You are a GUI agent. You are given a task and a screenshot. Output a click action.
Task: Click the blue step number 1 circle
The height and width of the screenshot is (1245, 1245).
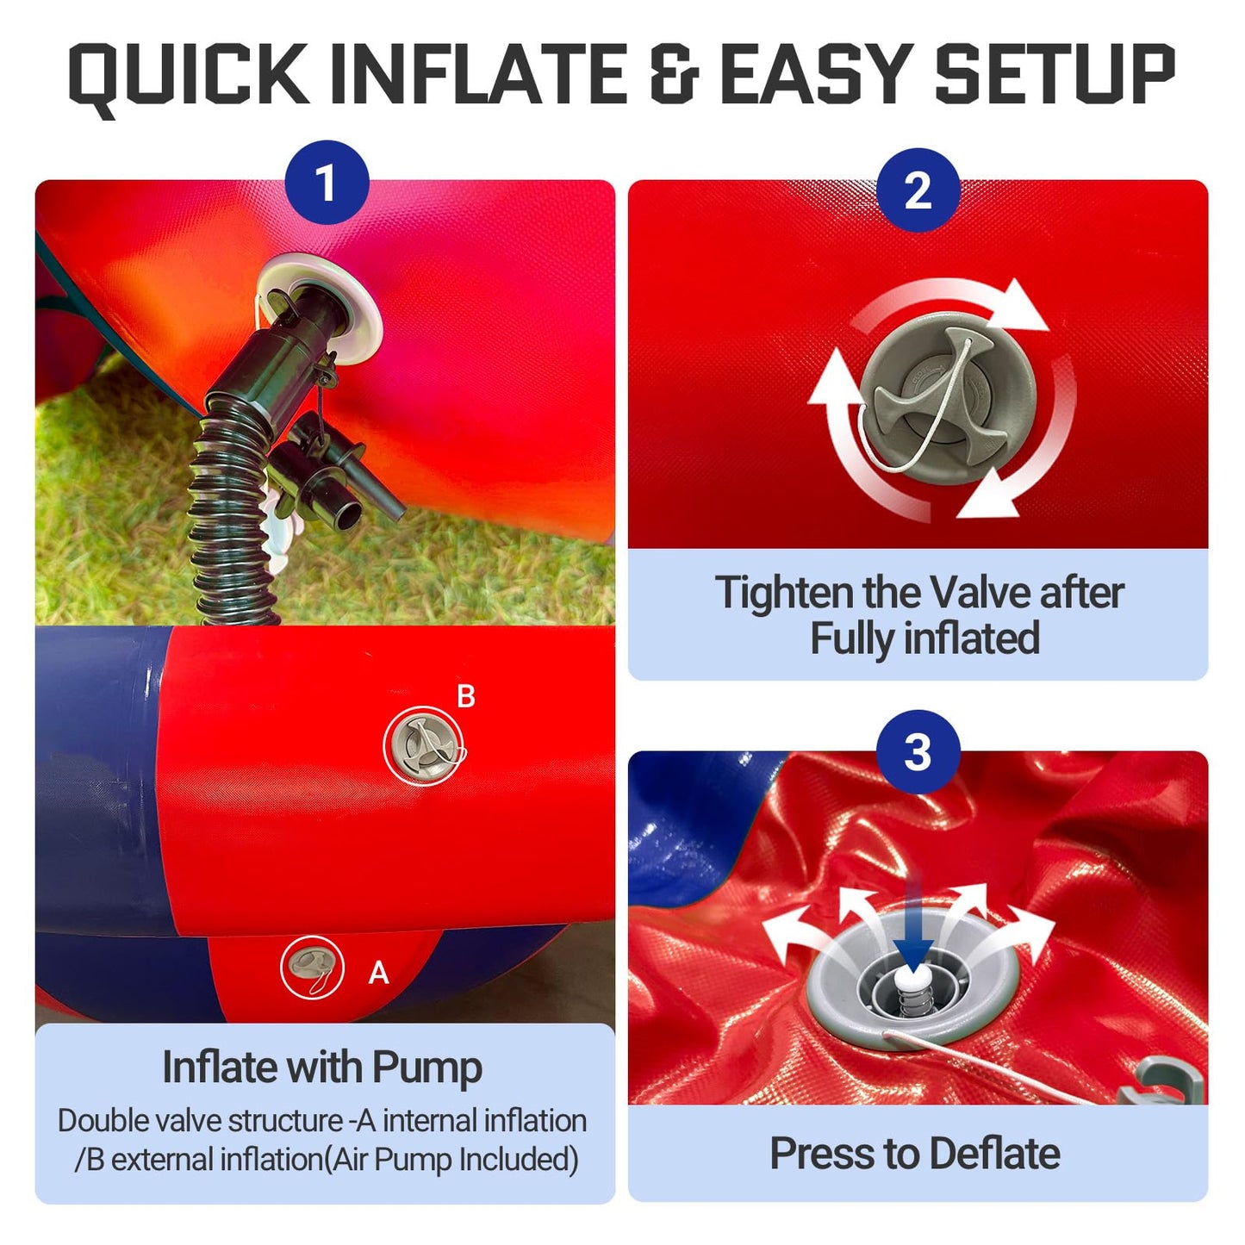pos(327,183)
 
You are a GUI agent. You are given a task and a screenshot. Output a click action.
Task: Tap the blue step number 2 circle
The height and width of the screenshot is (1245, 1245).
pos(918,190)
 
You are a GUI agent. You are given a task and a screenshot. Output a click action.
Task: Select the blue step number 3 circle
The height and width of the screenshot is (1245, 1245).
pos(918,752)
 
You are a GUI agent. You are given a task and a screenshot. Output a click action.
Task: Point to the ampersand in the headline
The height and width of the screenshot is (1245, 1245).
pos(675,73)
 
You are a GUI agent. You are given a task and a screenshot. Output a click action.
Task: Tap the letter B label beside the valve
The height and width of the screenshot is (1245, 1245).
pos(466,697)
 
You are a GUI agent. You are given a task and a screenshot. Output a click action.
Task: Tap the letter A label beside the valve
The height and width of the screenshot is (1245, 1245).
pos(378,973)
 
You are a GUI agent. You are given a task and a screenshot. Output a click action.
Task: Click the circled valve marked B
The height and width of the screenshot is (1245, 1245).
pos(424,746)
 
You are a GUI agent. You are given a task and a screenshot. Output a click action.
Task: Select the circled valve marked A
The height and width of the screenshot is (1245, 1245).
pos(312,968)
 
